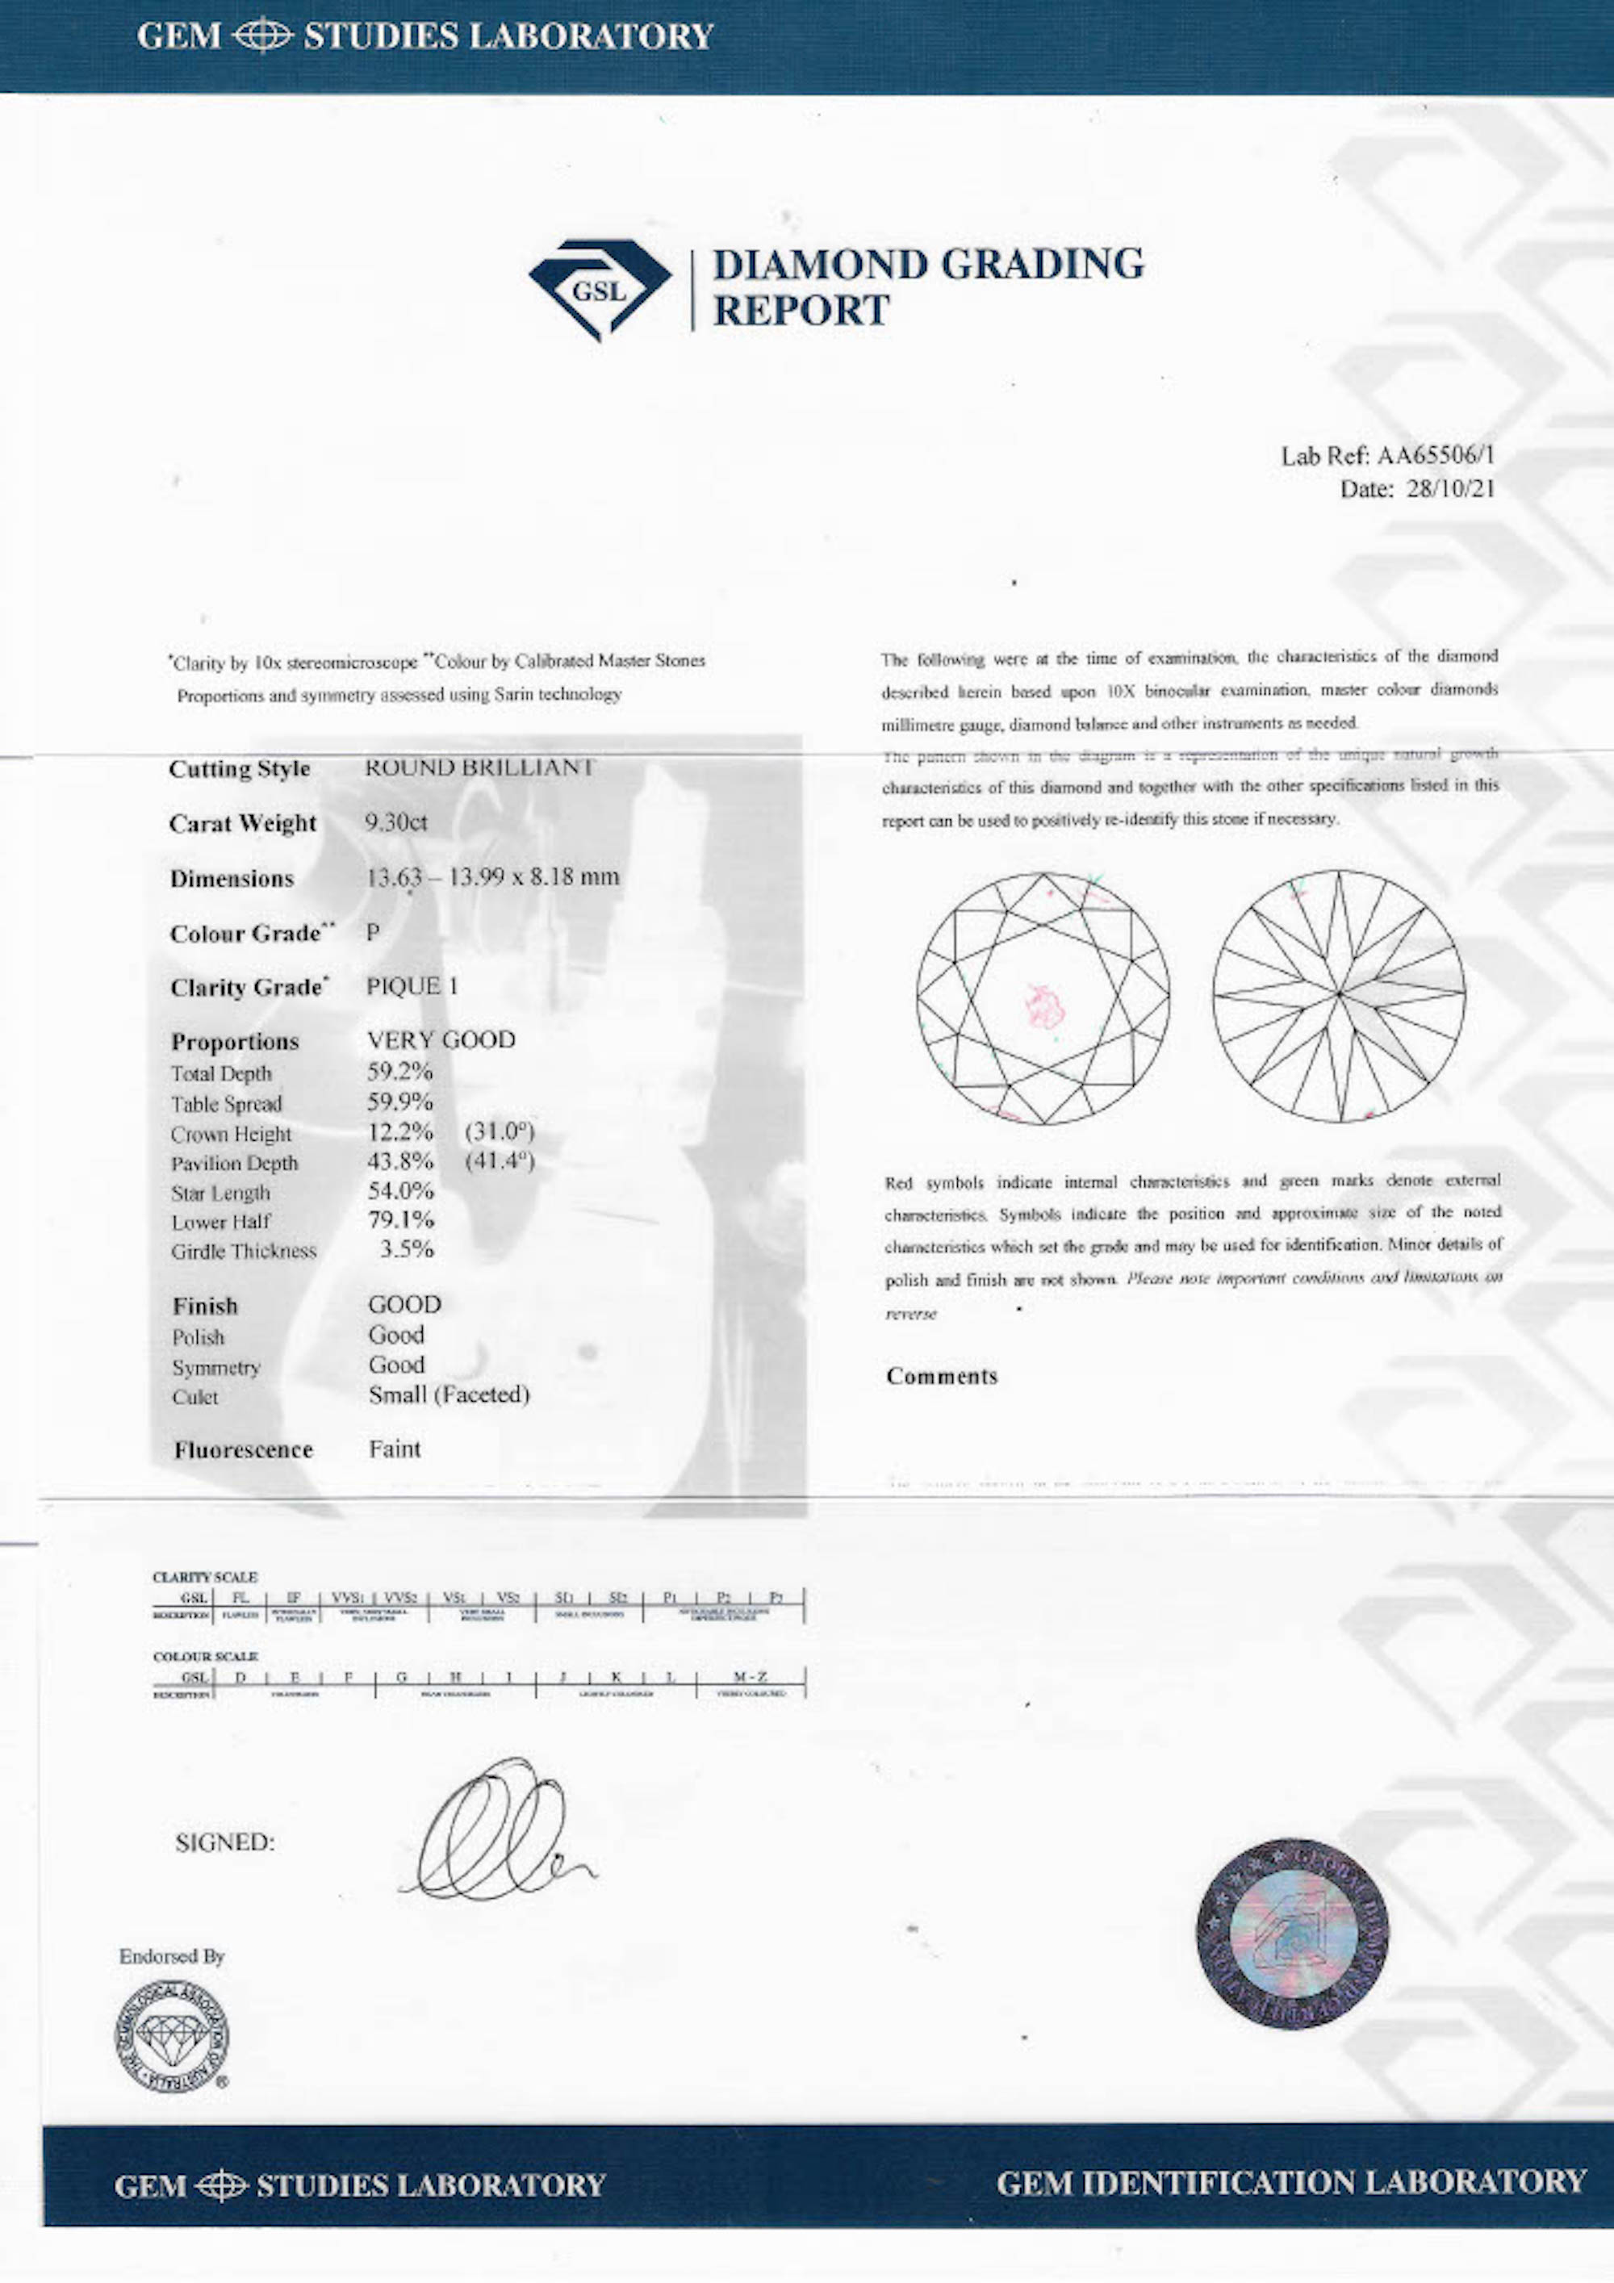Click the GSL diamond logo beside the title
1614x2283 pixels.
[x=599, y=288]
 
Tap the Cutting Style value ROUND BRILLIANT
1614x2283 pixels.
[x=479, y=767]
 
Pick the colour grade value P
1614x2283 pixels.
[x=373, y=933]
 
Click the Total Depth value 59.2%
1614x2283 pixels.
[x=399, y=1072]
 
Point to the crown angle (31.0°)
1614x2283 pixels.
[x=500, y=1131]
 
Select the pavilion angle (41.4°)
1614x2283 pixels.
[x=500, y=1161]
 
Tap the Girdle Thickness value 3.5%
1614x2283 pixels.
[x=407, y=1250]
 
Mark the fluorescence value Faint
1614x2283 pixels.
[x=394, y=1449]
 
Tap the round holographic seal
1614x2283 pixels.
[x=1292, y=1933]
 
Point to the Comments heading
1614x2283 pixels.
[x=941, y=1376]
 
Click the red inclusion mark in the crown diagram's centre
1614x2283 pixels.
[x=1044, y=1006]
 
